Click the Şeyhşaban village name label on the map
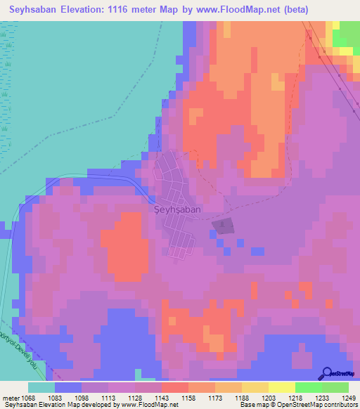pyautogui.click(x=177, y=209)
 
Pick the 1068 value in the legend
pyautogui.click(x=27, y=397)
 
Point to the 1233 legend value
pyautogui.click(x=321, y=397)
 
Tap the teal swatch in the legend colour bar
pyautogui.click(x=41, y=387)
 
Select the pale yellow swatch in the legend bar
pyautogui.click(x=281, y=387)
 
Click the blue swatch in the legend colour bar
pyautogui.click(x=67, y=387)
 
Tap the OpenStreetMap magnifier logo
pyautogui.click(x=328, y=373)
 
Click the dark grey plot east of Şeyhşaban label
pyautogui.click(x=221, y=226)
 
